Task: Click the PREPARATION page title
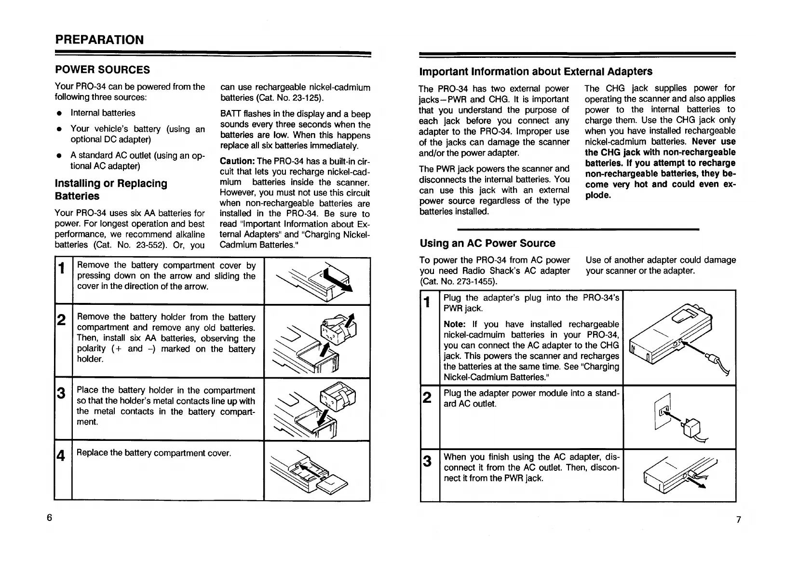[99, 40]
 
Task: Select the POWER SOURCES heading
[102, 70]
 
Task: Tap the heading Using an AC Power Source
[487, 243]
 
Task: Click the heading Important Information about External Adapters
[536, 72]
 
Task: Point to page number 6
[49, 518]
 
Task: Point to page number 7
[738, 520]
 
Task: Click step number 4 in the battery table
[61, 455]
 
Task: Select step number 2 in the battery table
[61, 319]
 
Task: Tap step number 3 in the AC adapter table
[427, 462]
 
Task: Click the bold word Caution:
[237, 161]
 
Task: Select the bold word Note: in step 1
[454, 324]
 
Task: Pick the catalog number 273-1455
[477, 281]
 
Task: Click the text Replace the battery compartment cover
[154, 453]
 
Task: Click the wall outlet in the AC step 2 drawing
[662, 410]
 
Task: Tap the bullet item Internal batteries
[103, 113]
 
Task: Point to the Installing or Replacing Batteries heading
[111, 190]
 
